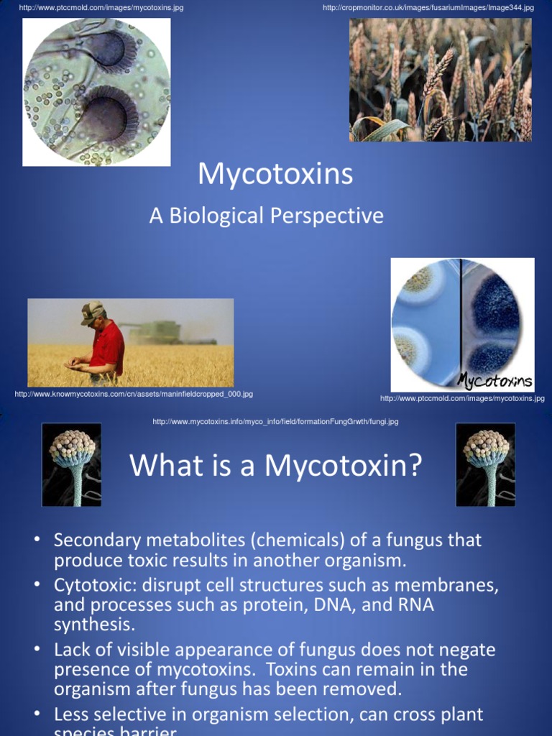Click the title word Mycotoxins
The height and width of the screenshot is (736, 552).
[275, 175]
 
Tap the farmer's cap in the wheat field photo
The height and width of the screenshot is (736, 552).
[92, 311]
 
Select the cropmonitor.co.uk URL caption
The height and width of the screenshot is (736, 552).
[428, 8]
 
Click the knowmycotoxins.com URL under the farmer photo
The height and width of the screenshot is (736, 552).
[134, 394]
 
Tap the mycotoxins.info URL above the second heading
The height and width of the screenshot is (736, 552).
[275, 422]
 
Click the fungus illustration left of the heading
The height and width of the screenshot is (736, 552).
[71, 464]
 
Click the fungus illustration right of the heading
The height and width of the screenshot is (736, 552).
[485, 464]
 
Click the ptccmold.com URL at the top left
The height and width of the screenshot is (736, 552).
[101, 8]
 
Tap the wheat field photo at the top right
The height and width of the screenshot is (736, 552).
[440, 79]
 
